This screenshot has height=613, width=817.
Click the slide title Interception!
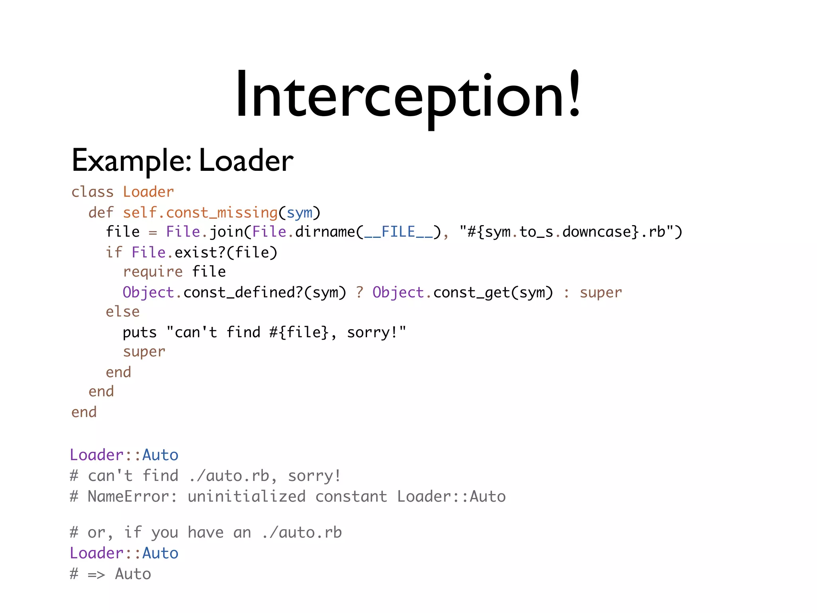point(408,95)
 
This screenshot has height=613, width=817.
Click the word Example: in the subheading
point(131,160)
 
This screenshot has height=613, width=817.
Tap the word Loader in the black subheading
point(246,160)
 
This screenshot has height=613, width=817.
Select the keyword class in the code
point(92,192)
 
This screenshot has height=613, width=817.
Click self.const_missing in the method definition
point(200,213)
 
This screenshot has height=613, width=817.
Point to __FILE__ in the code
point(398,232)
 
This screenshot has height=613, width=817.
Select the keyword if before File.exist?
point(114,252)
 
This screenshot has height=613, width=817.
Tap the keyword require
point(152,272)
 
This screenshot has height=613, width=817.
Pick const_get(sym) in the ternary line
point(493,293)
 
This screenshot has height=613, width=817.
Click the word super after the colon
point(600,293)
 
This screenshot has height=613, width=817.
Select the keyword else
point(122,312)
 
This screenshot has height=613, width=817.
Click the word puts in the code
point(140,332)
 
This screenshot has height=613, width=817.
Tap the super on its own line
point(144,352)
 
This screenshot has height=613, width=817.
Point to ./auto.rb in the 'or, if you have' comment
point(302,532)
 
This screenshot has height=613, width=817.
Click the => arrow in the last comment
point(96,574)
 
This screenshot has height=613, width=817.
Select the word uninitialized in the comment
point(247,496)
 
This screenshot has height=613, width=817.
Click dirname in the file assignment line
point(325,232)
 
